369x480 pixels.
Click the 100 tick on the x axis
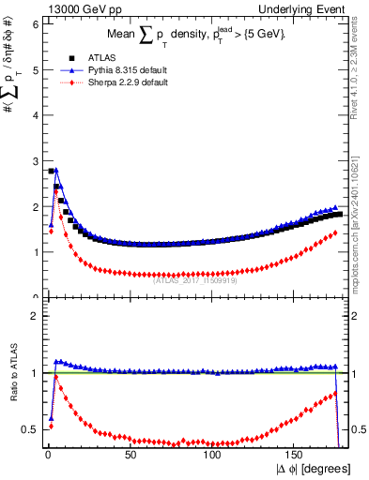coord(212,455)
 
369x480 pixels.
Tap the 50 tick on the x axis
coord(130,455)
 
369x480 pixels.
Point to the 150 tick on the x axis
coord(295,455)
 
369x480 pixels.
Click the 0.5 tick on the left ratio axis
coord(30,429)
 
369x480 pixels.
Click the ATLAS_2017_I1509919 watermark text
coord(195,277)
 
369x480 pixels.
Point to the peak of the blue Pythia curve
coord(56,171)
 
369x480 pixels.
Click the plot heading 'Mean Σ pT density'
coord(193,35)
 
